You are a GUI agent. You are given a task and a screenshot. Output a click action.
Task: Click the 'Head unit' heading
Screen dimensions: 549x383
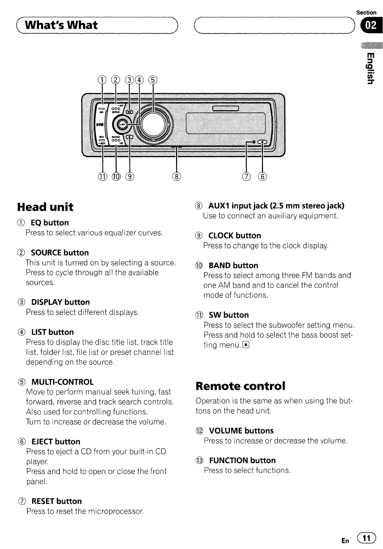(45, 207)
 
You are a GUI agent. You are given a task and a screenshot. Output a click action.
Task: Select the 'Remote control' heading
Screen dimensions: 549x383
(241, 385)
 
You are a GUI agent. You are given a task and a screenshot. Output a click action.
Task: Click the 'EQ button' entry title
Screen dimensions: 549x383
(49, 222)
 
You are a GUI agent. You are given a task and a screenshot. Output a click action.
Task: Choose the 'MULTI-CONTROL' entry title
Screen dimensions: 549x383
(62, 382)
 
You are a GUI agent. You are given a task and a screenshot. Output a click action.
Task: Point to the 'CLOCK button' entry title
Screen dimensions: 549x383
(234, 236)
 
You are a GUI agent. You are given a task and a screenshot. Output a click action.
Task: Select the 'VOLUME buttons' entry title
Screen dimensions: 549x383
(241, 431)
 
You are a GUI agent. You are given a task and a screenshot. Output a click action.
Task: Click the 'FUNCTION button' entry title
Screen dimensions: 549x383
(242, 460)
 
